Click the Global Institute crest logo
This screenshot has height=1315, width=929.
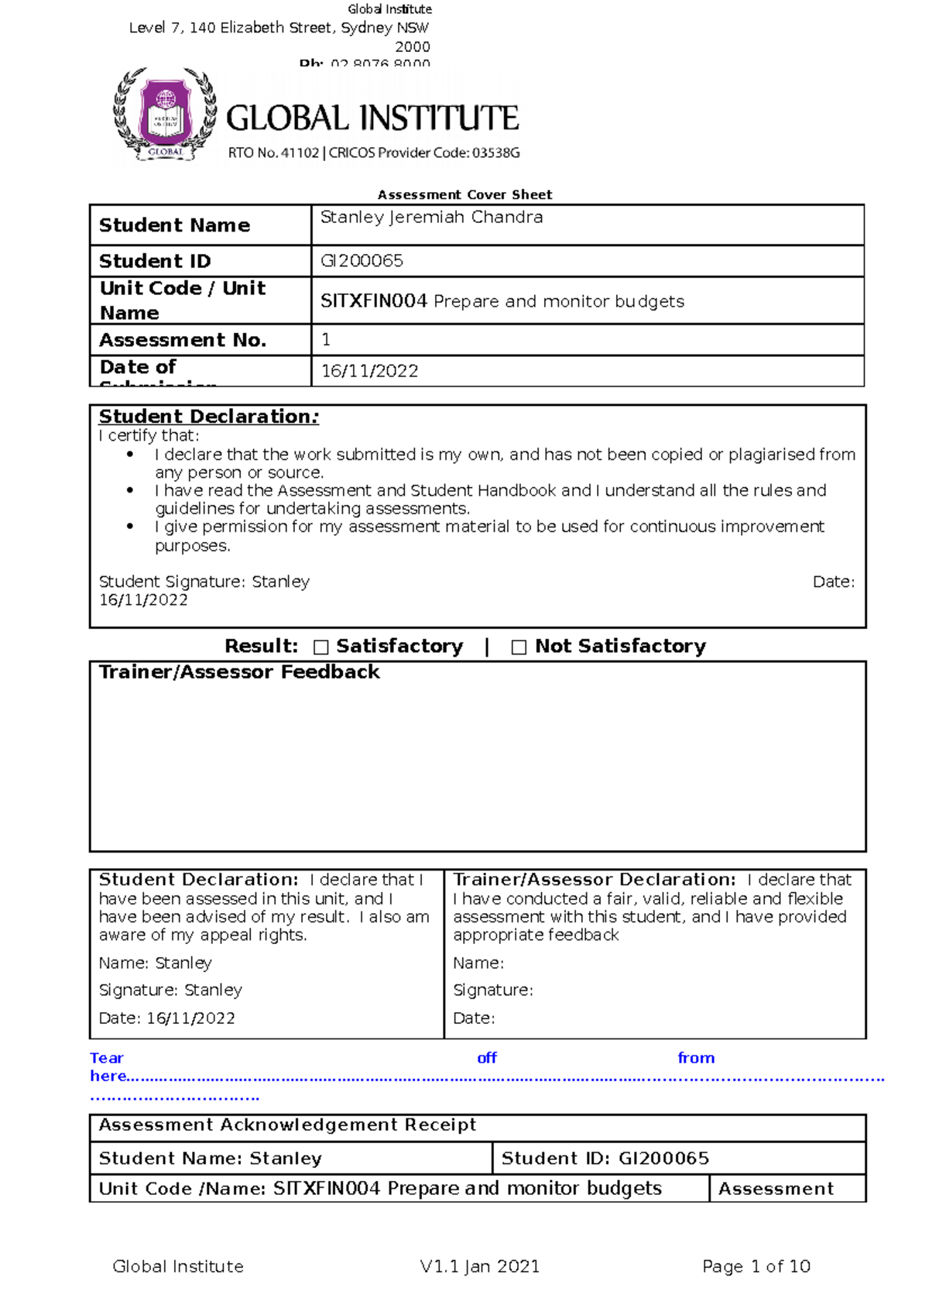164,116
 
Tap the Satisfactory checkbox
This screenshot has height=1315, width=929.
321,647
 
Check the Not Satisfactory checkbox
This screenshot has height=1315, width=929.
519,647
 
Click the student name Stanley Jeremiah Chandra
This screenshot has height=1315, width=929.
431,218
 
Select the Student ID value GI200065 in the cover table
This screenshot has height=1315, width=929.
362,261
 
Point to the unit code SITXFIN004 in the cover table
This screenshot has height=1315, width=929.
374,301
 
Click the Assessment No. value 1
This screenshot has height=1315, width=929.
326,339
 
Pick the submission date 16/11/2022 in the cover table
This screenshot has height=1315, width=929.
369,371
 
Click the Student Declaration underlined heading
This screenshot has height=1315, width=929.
208,417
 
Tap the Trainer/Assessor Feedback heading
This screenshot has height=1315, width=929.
239,672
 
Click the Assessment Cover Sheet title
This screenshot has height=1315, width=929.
464,194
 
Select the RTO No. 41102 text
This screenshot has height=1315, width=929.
273,153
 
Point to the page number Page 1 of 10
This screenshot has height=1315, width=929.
756,1266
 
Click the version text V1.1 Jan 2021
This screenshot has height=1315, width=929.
479,1266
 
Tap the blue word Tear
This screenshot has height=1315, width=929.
106,1058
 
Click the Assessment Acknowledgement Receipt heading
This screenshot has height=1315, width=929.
287,1124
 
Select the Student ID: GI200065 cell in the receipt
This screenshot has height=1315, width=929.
605,1159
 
